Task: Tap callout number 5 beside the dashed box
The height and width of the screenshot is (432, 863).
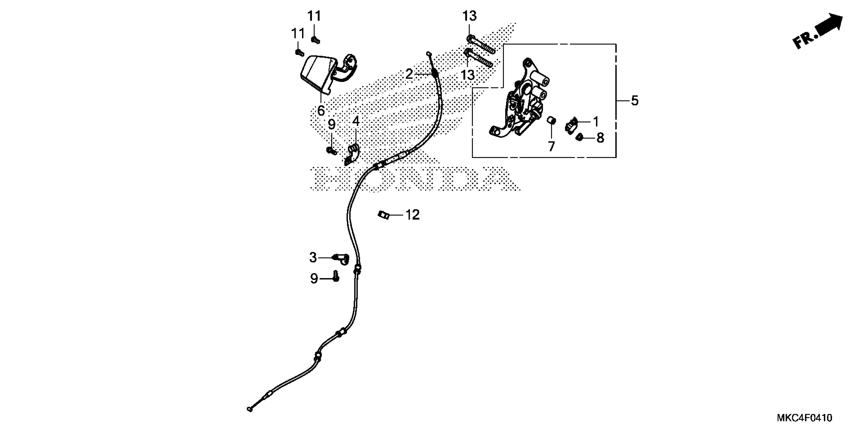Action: tap(635, 101)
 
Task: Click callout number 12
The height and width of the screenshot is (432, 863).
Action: tap(412, 215)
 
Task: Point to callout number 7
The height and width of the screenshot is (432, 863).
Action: tap(551, 146)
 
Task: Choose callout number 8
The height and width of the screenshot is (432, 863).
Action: tap(600, 138)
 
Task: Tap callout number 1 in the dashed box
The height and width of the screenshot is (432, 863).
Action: tap(596, 121)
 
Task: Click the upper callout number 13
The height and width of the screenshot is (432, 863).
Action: tap(469, 16)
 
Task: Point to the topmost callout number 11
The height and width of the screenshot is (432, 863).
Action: tap(314, 16)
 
